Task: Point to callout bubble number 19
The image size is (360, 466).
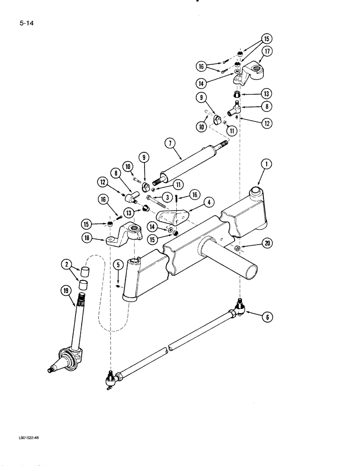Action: point(65,292)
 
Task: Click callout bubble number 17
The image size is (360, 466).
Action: point(266,51)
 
